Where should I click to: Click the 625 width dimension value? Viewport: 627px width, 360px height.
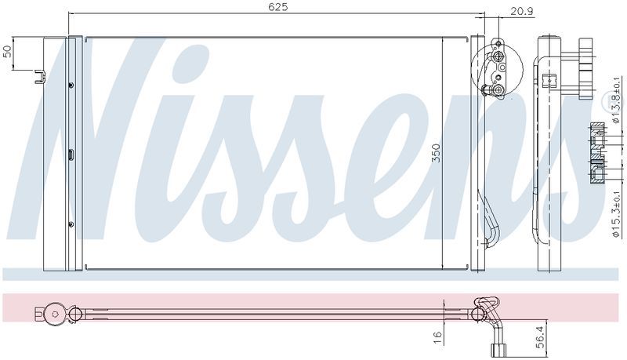[x=278, y=7]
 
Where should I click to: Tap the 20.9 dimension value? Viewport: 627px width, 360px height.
[x=522, y=11]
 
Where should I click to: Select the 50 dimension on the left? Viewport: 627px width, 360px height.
[x=7, y=52]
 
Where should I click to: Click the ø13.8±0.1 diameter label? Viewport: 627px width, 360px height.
[x=616, y=100]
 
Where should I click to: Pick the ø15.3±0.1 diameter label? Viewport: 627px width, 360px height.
[x=616, y=214]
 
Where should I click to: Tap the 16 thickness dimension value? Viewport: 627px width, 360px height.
[x=438, y=336]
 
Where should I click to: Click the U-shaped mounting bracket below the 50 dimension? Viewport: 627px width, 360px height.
[x=40, y=77]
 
